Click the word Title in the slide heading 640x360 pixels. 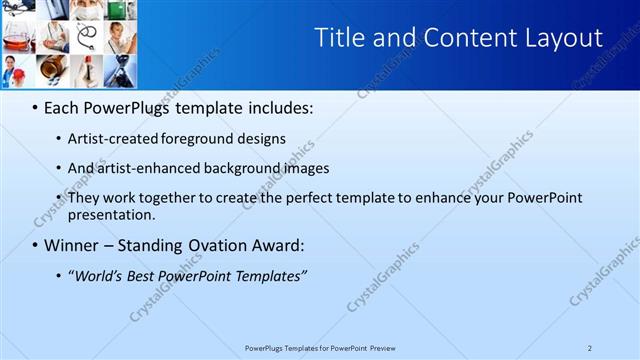340,38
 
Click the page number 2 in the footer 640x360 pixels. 590,347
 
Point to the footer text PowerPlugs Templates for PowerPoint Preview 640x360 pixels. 320,347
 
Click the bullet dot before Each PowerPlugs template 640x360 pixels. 36,107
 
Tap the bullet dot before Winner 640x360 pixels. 36,245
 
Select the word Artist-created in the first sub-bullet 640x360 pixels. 109,139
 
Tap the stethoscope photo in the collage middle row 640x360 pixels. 86,38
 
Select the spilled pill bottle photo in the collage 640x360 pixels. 52,68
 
